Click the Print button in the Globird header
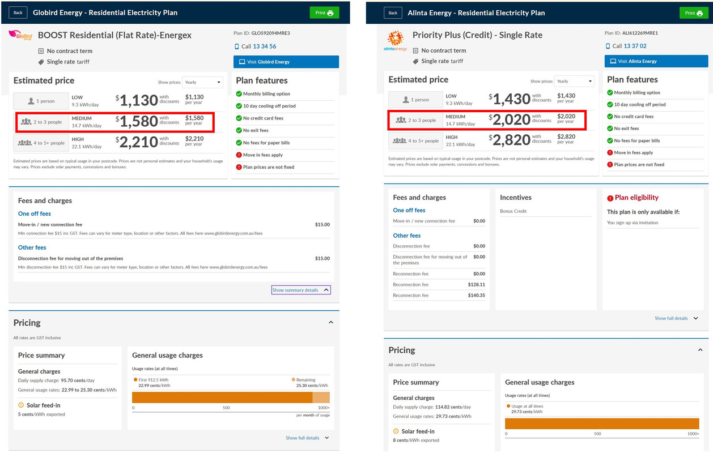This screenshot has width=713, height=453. click(x=324, y=12)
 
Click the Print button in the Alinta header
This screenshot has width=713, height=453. click(x=694, y=13)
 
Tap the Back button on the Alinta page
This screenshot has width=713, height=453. click(x=393, y=12)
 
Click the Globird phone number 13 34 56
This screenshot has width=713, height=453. click(x=264, y=46)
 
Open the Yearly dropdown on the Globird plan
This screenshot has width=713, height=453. click(x=202, y=82)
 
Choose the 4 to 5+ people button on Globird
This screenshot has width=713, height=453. click(x=41, y=143)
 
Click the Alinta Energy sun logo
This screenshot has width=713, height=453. click(x=395, y=40)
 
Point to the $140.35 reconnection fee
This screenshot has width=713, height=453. click(x=476, y=295)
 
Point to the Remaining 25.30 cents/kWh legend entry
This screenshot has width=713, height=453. click(x=305, y=383)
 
